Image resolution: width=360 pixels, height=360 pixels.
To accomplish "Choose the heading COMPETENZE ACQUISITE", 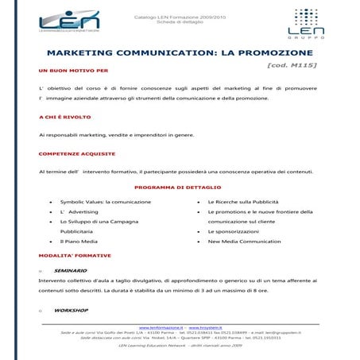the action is (x=76, y=153).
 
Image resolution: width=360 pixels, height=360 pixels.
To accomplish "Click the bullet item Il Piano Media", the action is (x=79, y=241).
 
